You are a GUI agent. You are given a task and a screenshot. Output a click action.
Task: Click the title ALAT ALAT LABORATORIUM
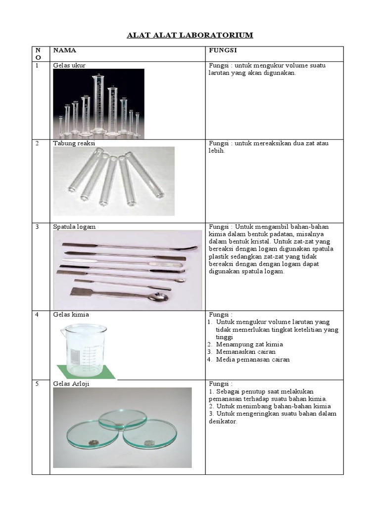click(190, 35)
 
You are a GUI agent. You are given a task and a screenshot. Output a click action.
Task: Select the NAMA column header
click(65, 50)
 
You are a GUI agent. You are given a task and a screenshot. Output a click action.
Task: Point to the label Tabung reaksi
click(74, 143)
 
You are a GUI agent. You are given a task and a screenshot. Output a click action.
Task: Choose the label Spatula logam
click(74, 226)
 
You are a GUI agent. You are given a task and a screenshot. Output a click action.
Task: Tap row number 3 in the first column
click(37, 227)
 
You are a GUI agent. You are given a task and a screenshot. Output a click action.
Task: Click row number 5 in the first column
click(37, 384)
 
